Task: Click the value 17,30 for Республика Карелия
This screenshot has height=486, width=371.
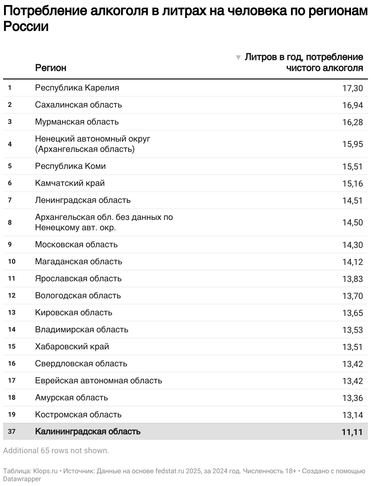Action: [x=352, y=88]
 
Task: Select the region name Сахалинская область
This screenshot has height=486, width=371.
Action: [x=78, y=105]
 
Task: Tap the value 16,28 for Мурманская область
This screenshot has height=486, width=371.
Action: [x=352, y=122]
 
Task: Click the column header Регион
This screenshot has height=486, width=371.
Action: [x=50, y=68]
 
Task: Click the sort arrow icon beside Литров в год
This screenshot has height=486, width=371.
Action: [x=238, y=57]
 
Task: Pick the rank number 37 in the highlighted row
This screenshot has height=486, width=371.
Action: [x=12, y=432]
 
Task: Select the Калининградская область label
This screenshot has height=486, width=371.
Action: [x=88, y=432]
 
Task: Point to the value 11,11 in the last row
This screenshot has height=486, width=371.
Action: [x=352, y=432]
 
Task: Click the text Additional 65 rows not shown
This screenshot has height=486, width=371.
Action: [x=56, y=450]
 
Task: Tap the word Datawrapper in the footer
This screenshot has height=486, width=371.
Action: [x=22, y=479]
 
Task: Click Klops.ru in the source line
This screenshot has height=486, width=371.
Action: [x=45, y=471]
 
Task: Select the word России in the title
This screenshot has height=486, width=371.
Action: [x=26, y=27]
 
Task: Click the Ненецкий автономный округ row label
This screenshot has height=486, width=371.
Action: [x=92, y=139]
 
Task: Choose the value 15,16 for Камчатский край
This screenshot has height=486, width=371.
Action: [x=352, y=183]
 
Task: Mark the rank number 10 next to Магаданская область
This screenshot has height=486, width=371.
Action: [x=12, y=262]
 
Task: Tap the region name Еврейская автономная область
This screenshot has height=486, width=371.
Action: [x=98, y=381]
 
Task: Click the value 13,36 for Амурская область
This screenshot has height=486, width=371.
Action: [x=352, y=398]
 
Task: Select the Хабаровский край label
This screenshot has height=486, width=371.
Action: [x=72, y=347]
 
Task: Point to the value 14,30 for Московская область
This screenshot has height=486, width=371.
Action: [x=352, y=245]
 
